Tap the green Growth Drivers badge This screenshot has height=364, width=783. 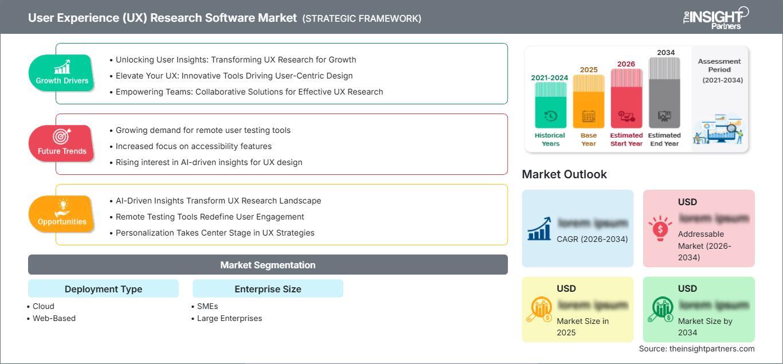coord(61,73)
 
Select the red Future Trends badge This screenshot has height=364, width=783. coord(61,143)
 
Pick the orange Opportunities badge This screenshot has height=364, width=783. coord(61,214)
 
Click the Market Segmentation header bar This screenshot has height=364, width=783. coord(268,265)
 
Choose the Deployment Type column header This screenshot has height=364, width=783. coord(103,289)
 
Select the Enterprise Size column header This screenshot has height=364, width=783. coord(268,289)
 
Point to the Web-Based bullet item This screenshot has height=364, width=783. coord(54,318)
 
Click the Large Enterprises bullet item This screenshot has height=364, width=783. coord(229,318)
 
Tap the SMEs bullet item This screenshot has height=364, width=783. coord(207,306)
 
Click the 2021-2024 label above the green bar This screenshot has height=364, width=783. coord(550,78)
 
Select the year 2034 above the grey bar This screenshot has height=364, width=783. coord(665,53)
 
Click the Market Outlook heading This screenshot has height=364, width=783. coord(564,174)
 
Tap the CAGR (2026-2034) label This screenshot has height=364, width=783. coord(592,239)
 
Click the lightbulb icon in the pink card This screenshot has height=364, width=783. coord(660,228)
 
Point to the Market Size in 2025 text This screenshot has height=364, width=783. coord(582,327)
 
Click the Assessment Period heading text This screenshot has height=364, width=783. coord(719,65)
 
